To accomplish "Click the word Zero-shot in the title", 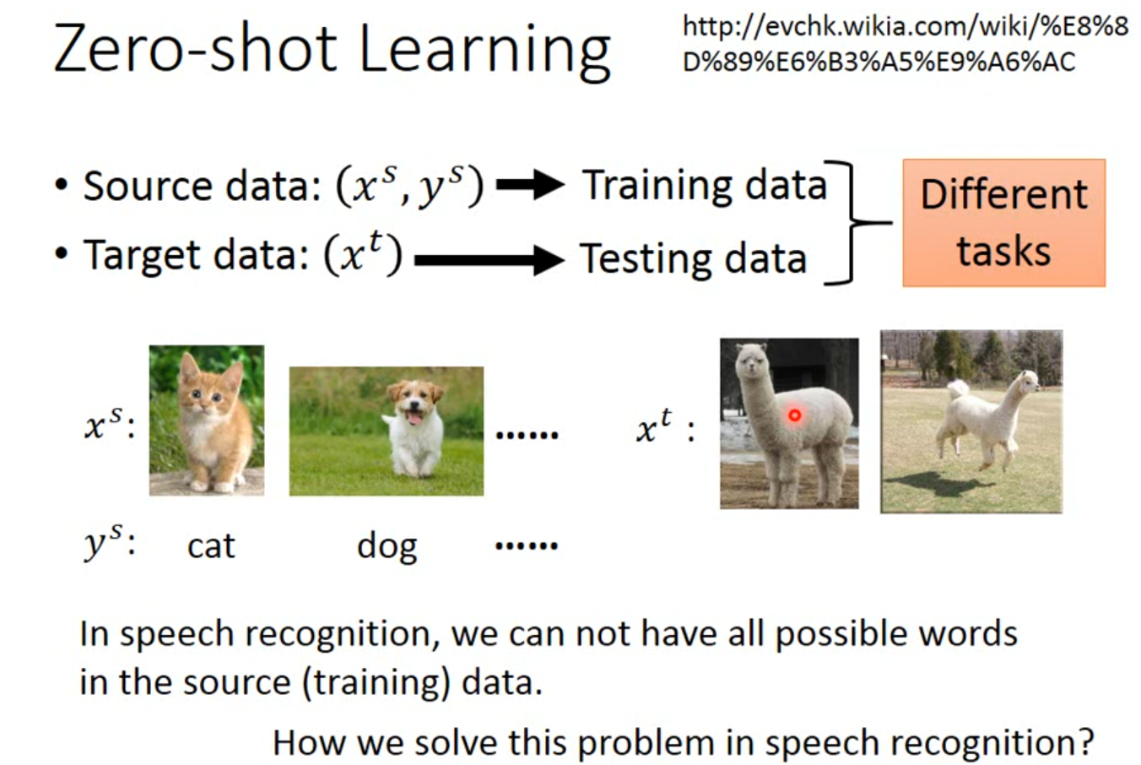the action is coord(196,47).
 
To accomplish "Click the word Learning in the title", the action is coord(485,51).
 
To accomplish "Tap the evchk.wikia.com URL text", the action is coord(906,44).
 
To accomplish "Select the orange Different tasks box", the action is coord(1004,223).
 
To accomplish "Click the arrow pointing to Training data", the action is coord(530,184).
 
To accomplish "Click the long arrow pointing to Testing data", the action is coord(489,260).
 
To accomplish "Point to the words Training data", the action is coord(705,186).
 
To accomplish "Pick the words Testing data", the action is coord(693,259).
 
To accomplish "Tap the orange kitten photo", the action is coord(207,420).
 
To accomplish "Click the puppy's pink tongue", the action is coord(415,419).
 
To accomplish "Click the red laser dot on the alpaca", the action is coord(794,415).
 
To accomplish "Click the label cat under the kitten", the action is coord(211,546).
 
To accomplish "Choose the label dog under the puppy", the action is coord(387,547).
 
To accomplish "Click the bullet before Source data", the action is coord(61,185).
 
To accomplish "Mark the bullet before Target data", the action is coord(61,253).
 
